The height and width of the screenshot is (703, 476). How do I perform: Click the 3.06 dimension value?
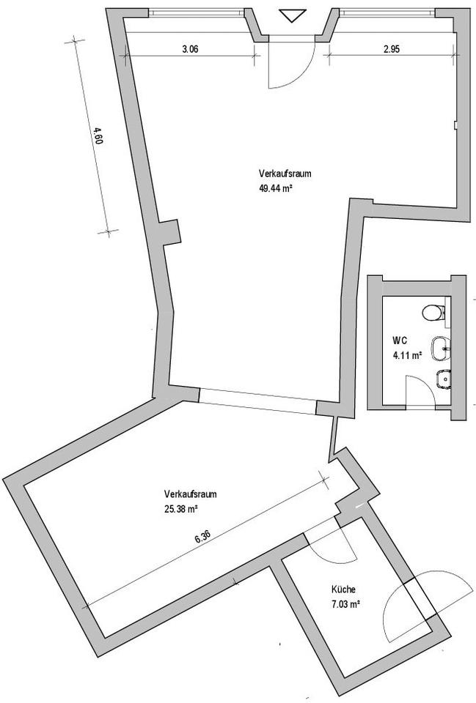click(191, 50)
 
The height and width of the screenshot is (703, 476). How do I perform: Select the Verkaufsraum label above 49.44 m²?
click(286, 174)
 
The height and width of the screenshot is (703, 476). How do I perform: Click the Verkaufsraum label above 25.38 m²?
click(191, 494)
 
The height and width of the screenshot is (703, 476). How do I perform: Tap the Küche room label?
click(344, 590)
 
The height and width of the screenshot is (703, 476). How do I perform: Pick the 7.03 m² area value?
click(345, 604)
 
